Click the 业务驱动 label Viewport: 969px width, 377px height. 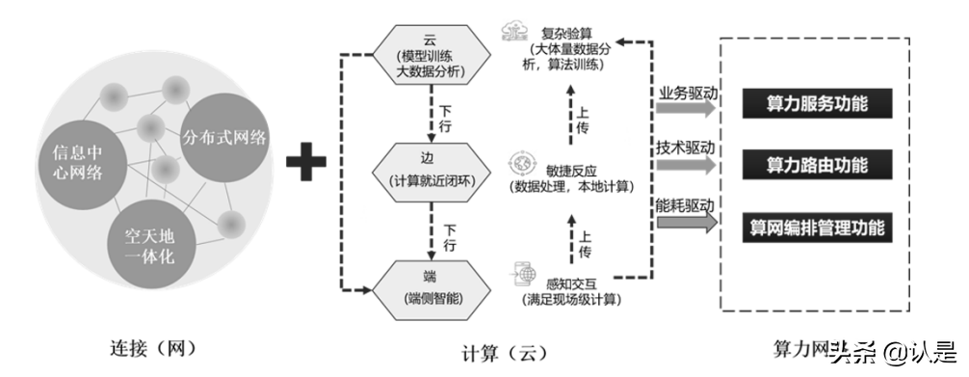[686, 93]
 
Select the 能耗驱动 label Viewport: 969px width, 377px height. [686, 206]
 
